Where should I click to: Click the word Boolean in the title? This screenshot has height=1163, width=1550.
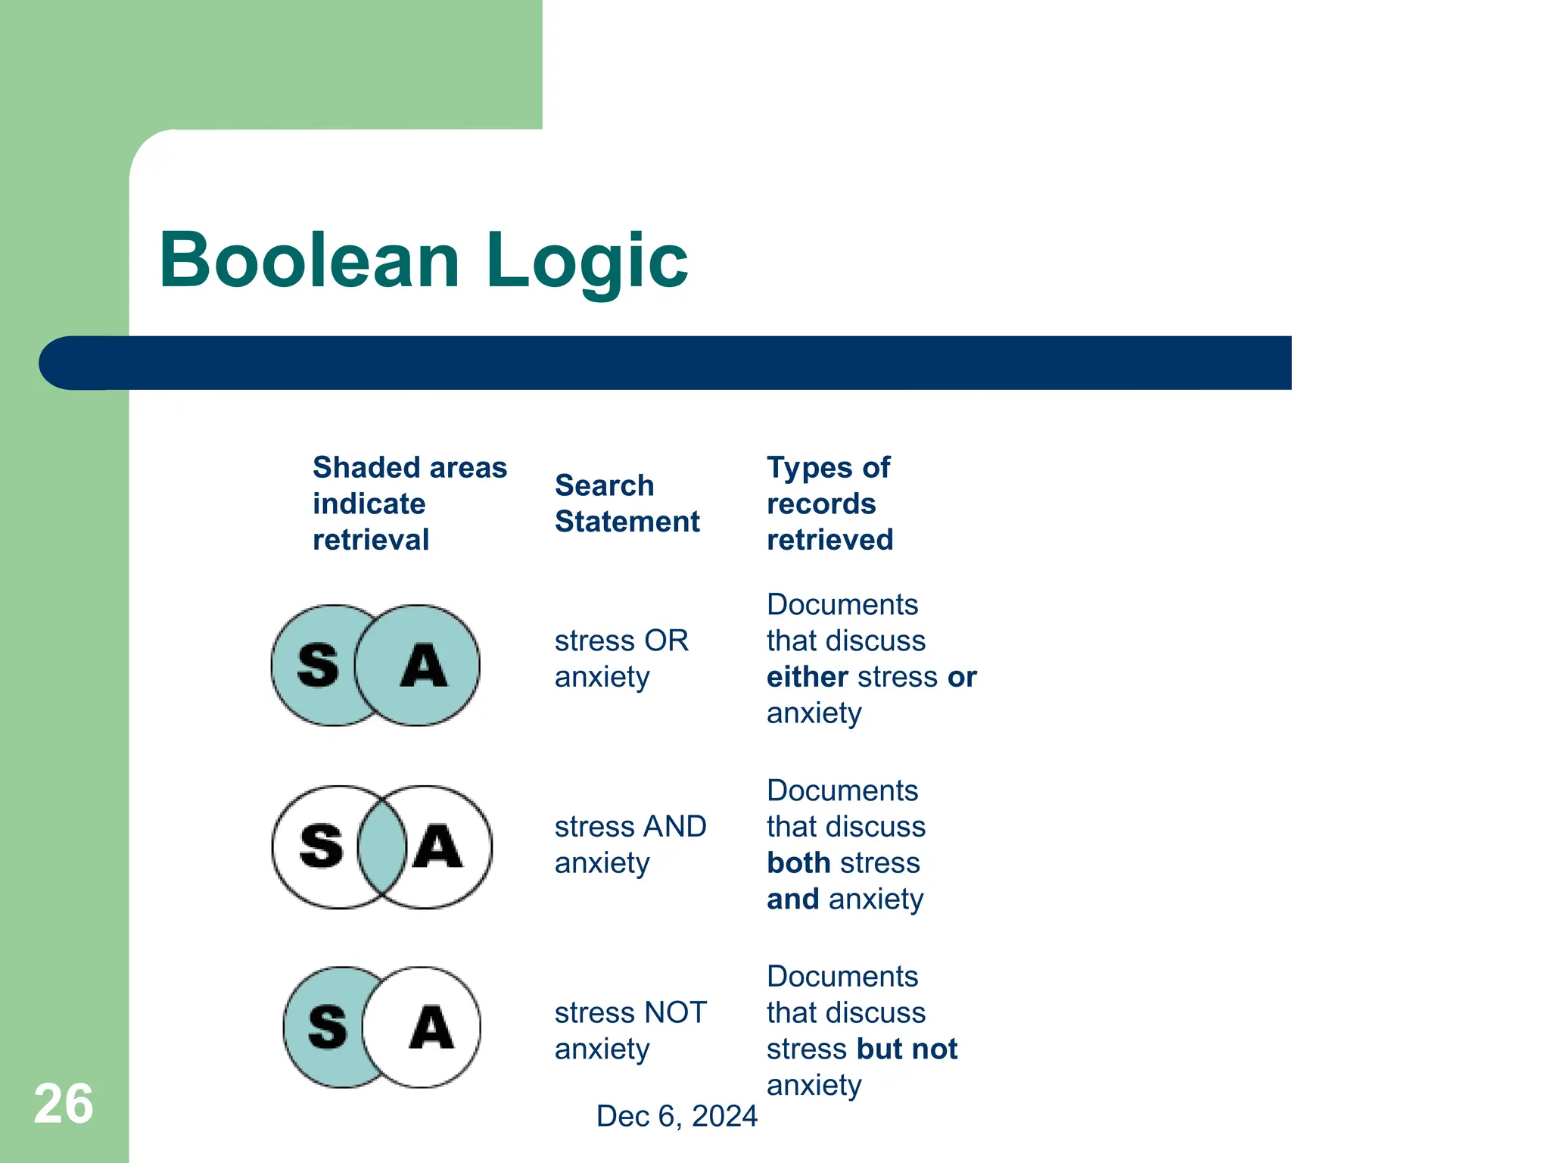point(309,260)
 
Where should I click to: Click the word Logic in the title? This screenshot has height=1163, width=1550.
point(587,260)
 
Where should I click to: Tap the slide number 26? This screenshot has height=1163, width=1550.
point(64,1104)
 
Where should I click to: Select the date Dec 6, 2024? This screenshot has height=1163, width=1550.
point(677,1116)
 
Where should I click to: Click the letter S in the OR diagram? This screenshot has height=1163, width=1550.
point(318,666)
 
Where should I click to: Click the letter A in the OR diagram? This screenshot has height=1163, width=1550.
point(424,666)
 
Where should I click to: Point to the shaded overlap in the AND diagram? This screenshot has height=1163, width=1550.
point(382,847)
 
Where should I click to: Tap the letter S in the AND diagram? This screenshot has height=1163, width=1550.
point(322,847)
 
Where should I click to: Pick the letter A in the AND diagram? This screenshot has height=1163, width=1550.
point(437,847)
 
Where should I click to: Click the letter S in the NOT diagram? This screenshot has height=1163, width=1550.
point(328,1027)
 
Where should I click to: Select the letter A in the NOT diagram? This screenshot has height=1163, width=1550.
point(431,1027)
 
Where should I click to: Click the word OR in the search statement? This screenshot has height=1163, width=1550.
point(665,641)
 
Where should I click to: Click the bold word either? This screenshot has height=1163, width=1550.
point(808,677)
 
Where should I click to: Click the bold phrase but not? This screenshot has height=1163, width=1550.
point(907,1049)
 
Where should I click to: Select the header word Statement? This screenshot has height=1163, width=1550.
point(627,522)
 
